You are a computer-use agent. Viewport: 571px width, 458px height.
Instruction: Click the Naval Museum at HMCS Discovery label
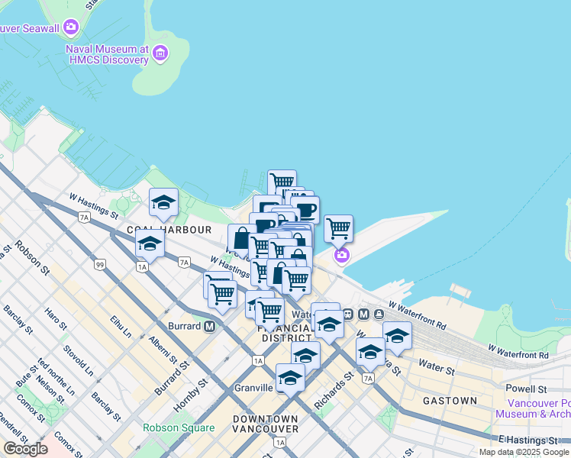[107, 53]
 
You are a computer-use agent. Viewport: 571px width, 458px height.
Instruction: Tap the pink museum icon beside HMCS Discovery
[160, 53]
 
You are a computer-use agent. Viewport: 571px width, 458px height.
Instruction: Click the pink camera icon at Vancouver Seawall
[71, 28]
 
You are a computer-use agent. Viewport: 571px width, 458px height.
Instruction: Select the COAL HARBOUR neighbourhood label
[169, 229]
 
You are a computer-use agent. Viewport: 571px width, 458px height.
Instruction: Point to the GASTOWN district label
[450, 400]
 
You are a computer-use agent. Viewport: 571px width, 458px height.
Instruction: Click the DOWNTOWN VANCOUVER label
[266, 424]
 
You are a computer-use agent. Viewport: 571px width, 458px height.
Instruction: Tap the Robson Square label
[179, 427]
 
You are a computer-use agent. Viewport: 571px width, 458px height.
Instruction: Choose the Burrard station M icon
[209, 326]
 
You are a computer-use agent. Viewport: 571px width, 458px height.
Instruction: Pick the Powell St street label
[527, 389]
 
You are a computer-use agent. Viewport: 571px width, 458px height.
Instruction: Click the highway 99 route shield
[100, 265]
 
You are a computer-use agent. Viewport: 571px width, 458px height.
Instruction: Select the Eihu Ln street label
[121, 329]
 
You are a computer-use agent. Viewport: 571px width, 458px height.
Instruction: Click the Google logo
[25, 449]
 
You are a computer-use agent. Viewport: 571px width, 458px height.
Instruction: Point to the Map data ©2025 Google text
[524, 452]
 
